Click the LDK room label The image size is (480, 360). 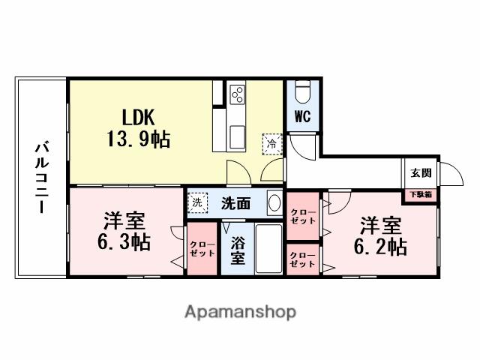coord(138,117)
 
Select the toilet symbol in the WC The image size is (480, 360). coord(302,91)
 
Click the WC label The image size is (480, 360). coord(302,116)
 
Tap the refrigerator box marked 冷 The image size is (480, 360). coord(271,144)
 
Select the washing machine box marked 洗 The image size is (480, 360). coord(197,202)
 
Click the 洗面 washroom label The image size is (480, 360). coord(236,203)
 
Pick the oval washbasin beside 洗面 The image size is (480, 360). coord(274,203)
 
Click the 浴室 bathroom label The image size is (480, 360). coord(238,250)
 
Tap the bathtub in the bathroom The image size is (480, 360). coord(268,248)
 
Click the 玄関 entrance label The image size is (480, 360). coord(421,173)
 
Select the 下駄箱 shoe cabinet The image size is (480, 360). coord(421,195)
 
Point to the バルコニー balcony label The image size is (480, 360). coord(42,177)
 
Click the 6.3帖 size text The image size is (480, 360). coord(124,241)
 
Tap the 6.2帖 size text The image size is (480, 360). coord(380,247)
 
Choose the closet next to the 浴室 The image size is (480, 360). coord(202,248)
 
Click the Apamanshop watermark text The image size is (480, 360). coord(240,312)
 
